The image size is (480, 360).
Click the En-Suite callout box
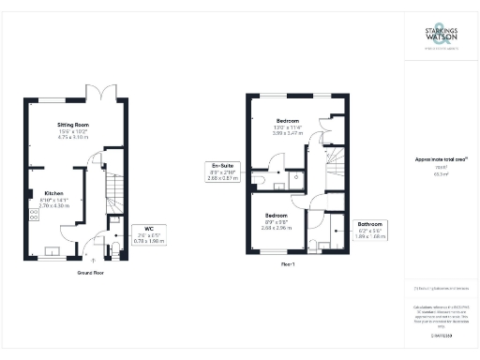(221, 172)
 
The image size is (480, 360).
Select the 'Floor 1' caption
(288, 264)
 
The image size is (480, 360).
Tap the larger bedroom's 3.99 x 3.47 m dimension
(288, 134)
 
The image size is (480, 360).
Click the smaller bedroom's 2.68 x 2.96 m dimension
(277, 227)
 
